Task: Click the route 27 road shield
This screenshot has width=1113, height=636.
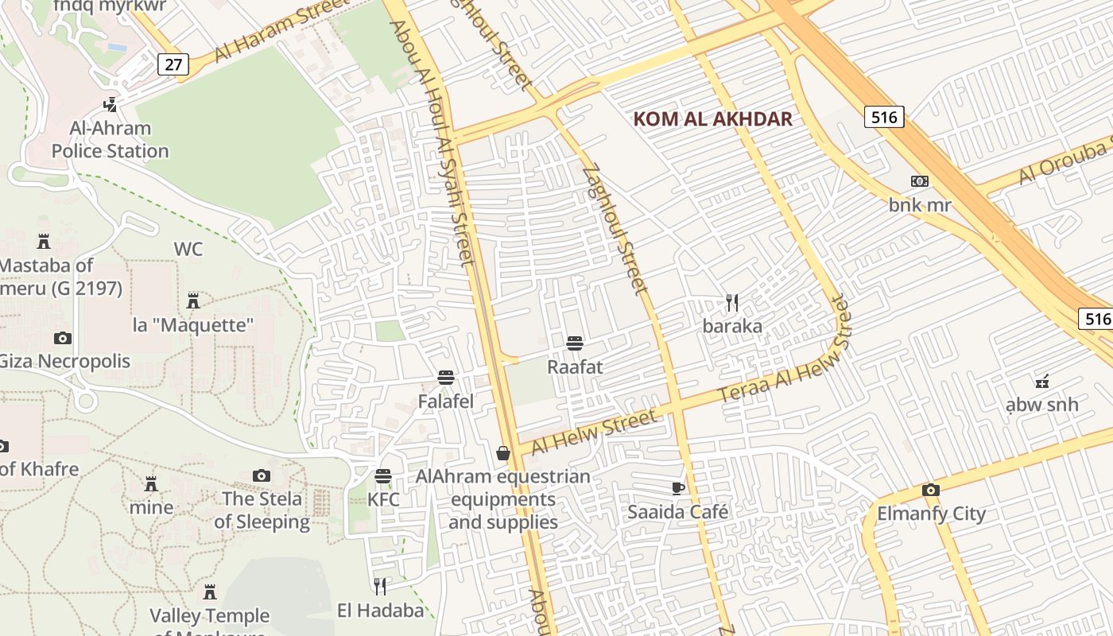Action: tap(173, 64)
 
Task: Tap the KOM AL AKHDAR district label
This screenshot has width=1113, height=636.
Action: tap(713, 119)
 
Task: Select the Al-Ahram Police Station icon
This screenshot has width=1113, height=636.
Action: tap(111, 104)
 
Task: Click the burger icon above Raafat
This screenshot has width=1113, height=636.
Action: tap(575, 343)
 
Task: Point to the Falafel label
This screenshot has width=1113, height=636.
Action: tap(446, 401)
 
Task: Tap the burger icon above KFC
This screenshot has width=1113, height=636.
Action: tap(383, 476)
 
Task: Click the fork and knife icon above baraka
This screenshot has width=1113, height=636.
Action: tap(732, 303)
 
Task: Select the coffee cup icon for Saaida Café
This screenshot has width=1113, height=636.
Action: tap(677, 488)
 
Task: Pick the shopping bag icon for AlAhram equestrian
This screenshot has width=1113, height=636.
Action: tap(502, 453)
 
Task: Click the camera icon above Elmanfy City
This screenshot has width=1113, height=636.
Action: tap(930, 490)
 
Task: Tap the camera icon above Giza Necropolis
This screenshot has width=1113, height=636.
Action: tap(63, 338)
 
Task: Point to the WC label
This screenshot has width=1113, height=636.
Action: tap(188, 250)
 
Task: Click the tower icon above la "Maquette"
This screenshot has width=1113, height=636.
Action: tap(192, 301)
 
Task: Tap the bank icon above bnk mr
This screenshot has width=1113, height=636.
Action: tap(920, 181)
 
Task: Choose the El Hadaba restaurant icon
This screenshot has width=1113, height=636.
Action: tap(380, 587)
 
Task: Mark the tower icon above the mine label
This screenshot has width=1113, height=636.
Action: tap(150, 483)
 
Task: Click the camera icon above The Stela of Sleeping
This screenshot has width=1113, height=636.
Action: tap(261, 475)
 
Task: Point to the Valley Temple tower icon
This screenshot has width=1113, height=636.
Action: tap(210, 592)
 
